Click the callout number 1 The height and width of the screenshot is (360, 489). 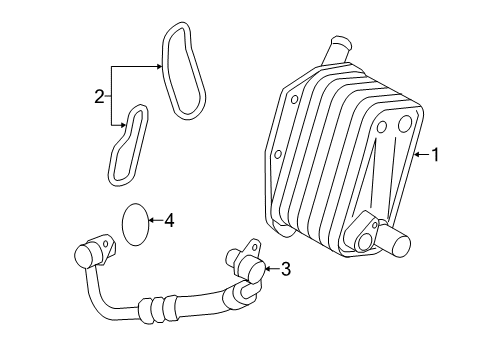click(435, 154)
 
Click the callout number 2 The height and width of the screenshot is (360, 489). click(99, 97)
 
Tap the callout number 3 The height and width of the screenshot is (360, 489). click(285, 268)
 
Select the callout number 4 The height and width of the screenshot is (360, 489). click(169, 219)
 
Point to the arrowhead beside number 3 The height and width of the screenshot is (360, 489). click(266, 268)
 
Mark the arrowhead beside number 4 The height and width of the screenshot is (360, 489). click(154, 220)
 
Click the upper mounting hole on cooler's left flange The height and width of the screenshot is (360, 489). click(294, 101)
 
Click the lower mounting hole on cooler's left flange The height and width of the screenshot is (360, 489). click(275, 155)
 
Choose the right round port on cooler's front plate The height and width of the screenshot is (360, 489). click(404, 123)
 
